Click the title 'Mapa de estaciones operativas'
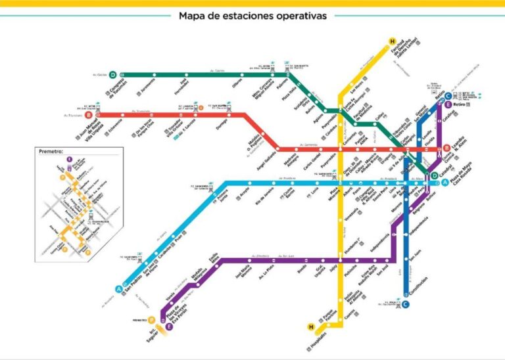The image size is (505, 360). tap(252, 16)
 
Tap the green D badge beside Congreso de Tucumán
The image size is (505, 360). tap(113, 75)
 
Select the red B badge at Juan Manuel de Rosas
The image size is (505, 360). tap(89, 115)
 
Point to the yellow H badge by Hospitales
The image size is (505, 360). tap(311, 326)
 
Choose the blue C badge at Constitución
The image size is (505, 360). tap(406, 304)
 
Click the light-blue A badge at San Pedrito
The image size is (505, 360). tap(119, 288)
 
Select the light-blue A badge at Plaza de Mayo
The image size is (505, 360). tap(445, 182)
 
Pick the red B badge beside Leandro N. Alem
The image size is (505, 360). tap(446, 148)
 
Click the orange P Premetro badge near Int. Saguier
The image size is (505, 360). tap(152, 320)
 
